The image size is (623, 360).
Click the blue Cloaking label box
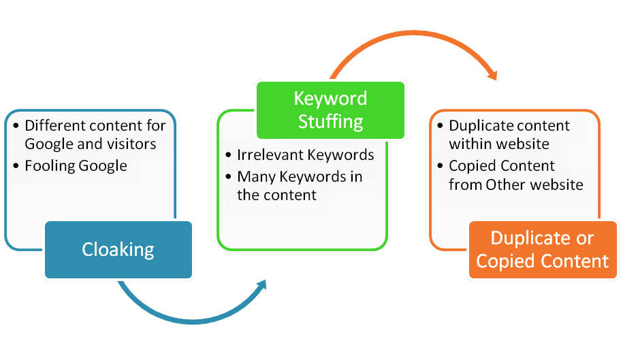[x=118, y=250]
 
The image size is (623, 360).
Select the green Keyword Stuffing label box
[x=330, y=110]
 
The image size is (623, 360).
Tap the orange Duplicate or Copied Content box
[x=542, y=250]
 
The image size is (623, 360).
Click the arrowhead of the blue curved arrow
[x=260, y=287]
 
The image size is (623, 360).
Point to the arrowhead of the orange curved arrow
[x=490, y=71]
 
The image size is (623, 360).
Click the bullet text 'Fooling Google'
[x=76, y=165]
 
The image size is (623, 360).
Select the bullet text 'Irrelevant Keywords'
[x=305, y=155]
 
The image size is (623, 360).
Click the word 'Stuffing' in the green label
[x=330, y=121]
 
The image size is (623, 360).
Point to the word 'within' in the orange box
[x=470, y=144]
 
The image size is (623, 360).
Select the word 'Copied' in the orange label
[x=505, y=261]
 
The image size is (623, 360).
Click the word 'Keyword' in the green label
[x=330, y=98]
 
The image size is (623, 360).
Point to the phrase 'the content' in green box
[x=276, y=195]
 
